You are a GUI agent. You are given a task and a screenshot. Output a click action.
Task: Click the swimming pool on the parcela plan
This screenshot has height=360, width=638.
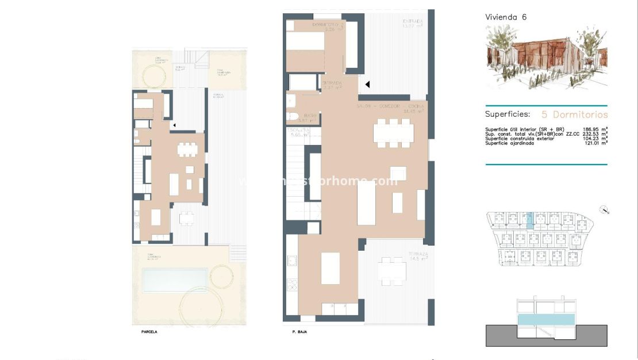coord(175,280)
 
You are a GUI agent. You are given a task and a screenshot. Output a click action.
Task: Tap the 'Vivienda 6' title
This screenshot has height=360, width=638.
coord(506,17)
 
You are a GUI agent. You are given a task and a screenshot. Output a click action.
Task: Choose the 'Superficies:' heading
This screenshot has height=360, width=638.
coord(508,114)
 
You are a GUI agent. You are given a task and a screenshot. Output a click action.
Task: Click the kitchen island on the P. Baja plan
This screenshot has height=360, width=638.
coord(330,268)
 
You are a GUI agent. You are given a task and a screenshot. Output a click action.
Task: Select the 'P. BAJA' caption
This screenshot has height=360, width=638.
coord(299,332)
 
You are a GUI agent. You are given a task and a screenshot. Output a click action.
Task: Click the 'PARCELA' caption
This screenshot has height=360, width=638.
coord(149,332)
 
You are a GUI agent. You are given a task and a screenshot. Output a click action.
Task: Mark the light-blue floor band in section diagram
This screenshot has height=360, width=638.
coord(546,320)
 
